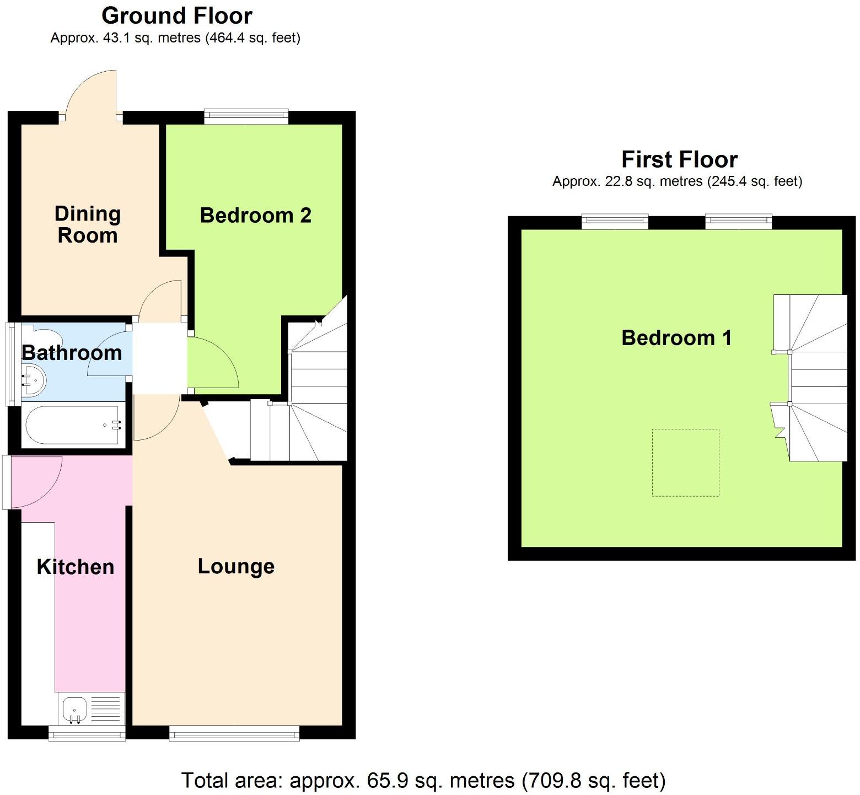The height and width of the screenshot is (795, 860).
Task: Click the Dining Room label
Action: pyautogui.click(x=87, y=224)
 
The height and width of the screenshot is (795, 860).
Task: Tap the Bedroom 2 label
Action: pyautogui.click(x=255, y=215)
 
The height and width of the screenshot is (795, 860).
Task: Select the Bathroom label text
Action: pyautogui.click(x=72, y=353)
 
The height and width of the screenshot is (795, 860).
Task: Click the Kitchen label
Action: pyautogui.click(x=75, y=567)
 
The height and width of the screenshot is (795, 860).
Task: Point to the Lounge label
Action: pyautogui.click(x=236, y=566)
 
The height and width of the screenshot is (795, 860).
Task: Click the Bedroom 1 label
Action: pyautogui.click(x=676, y=337)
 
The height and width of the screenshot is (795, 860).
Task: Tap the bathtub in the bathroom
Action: pyautogui.click(x=72, y=425)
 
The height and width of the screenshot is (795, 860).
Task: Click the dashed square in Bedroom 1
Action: pyautogui.click(x=685, y=463)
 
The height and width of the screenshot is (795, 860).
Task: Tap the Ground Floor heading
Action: pyautogui.click(x=177, y=16)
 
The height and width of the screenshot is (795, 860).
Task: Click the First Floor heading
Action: pyautogui.click(x=679, y=159)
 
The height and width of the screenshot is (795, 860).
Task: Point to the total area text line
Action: pyautogui.click(x=423, y=781)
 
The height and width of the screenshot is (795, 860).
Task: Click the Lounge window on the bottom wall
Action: pyautogui.click(x=234, y=733)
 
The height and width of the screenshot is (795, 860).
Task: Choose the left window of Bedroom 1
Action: pyautogui.click(x=615, y=222)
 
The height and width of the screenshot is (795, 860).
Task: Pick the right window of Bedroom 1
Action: pyautogui.click(x=738, y=222)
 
